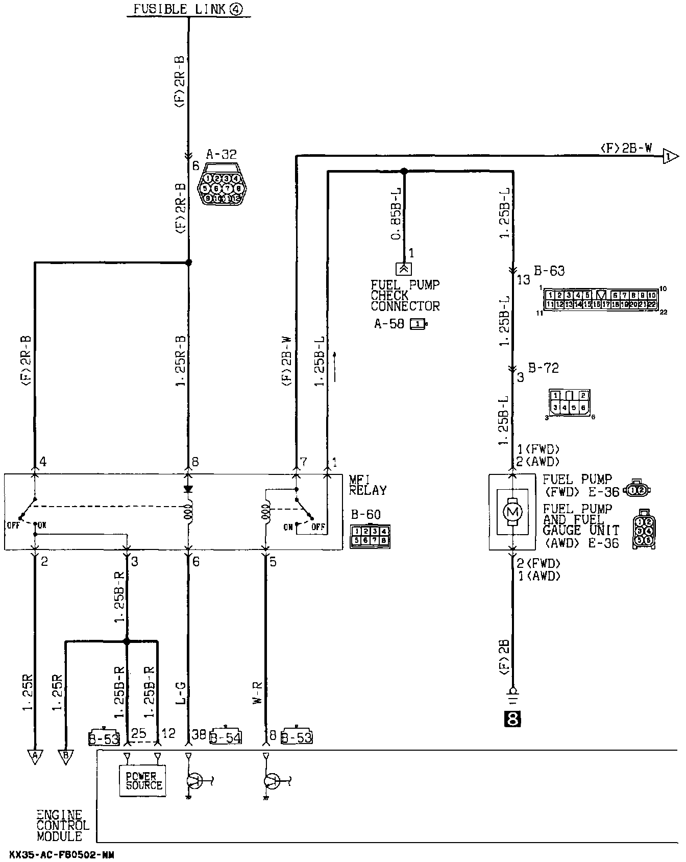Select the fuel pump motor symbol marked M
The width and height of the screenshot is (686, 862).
coord(513,511)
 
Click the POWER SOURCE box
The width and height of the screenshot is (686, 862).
coord(143,780)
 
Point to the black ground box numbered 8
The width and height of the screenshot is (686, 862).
coord(512,719)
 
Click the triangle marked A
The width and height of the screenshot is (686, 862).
coord(35,756)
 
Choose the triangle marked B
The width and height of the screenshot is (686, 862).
coord(65,756)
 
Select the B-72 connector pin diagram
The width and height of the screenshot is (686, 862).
coord(569,402)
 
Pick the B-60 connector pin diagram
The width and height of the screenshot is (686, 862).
coord(370,536)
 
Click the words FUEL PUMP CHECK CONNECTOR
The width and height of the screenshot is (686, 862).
coord(405,296)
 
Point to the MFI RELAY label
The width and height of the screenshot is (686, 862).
coord(367,485)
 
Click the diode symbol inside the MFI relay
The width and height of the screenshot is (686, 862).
coord(188,489)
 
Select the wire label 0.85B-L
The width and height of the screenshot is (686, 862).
coord(396,214)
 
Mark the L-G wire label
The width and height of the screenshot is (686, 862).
coord(182,692)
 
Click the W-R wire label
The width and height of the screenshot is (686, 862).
coord(258,692)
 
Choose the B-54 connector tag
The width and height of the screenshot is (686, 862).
coord(226,737)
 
